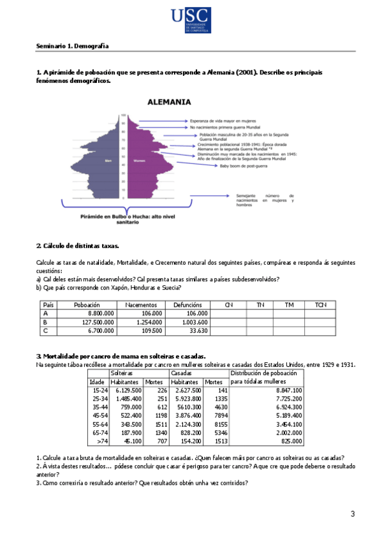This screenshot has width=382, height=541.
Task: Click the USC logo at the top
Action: click(x=191, y=21)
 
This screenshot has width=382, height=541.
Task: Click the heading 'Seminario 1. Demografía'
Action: click(x=72, y=47)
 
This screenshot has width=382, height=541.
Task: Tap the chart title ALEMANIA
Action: click(x=169, y=101)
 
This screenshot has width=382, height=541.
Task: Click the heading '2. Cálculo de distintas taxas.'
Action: click(x=78, y=245)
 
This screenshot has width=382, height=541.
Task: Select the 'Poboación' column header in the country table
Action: click(x=87, y=305)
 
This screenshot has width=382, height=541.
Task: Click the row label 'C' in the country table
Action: click(x=45, y=331)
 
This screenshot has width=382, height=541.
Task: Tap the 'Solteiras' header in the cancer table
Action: click(x=122, y=373)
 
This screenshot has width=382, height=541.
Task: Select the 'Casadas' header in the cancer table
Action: click(x=182, y=373)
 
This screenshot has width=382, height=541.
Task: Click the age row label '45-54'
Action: click(x=99, y=415)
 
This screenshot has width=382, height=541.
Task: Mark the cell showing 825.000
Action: click(x=291, y=440)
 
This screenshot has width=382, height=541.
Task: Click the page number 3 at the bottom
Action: click(x=352, y=514)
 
